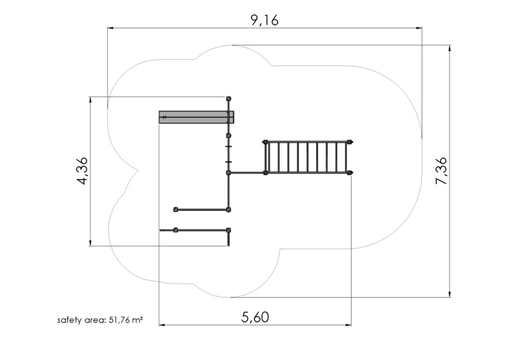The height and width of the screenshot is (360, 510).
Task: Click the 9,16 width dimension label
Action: pyautogui.click(x=265, y=20)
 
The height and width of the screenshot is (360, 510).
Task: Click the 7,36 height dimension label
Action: pyautogui.click(x=441, y=171)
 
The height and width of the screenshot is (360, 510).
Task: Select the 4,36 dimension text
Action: pyautogui.click(x=82, y=171)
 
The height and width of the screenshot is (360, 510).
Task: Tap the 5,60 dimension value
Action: pyautogui.click(x=255, y=317)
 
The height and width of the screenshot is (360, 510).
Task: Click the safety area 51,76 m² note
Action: pyautogui.click(x=100, y=320)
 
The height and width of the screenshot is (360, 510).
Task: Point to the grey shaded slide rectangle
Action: pyautogui.click(x=196, y=117)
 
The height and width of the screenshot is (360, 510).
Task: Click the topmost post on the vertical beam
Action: pyautogui.click(x=229, y=99)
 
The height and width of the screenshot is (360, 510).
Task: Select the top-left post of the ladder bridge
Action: pyautogui.click(x=265, y=142)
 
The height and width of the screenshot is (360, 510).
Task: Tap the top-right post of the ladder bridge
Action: pyautogui.click(x=350, y=142)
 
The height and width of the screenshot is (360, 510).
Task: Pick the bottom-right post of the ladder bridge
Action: pyautogui.click(x=350, y=173)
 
